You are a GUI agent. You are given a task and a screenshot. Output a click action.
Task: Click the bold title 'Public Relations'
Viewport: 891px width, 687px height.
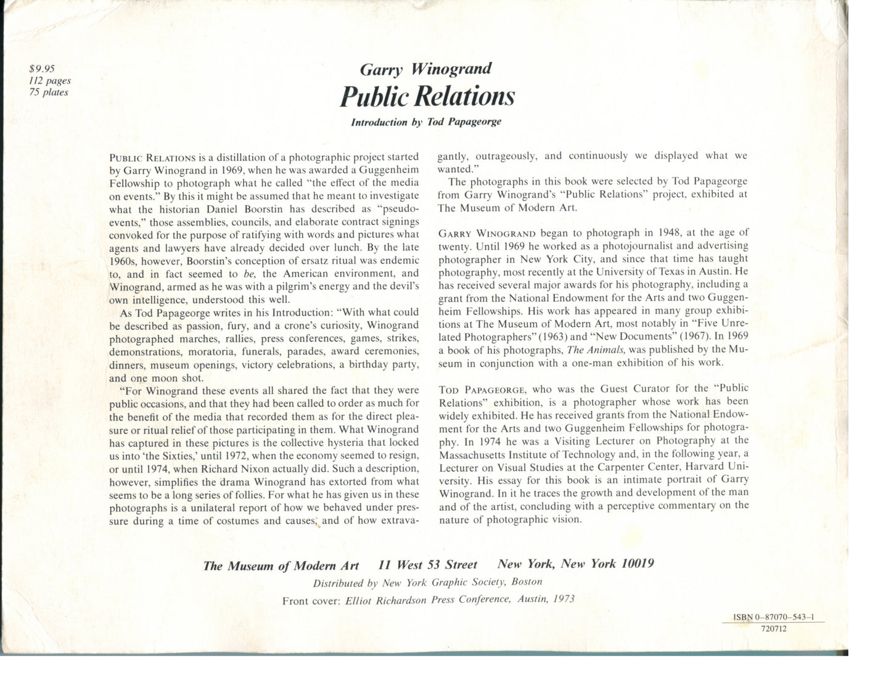tap(427, 96)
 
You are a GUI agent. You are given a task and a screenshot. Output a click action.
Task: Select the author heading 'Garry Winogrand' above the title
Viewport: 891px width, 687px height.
tap(425, 68)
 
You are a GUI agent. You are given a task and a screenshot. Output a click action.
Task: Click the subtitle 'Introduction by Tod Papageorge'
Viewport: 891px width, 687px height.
tap(426, 121)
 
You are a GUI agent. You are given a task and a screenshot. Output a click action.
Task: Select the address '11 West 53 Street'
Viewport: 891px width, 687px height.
tap(427, 564)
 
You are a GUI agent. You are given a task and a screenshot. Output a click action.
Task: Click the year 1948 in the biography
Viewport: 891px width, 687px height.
tap(673, 233)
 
